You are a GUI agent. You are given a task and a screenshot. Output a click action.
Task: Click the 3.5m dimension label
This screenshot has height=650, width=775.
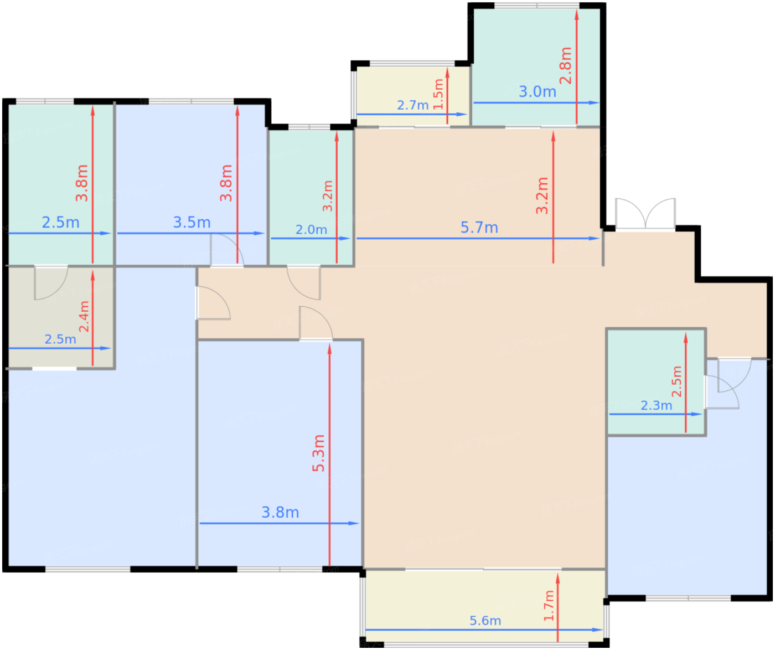click(192, 223)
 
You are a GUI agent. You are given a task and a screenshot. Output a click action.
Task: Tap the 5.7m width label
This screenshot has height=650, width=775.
click(479, 228)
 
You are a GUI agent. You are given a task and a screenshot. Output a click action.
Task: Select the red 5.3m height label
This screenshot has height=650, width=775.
click(318, 453)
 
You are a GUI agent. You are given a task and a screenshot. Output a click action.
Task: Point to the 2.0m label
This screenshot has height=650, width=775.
click(311, 230)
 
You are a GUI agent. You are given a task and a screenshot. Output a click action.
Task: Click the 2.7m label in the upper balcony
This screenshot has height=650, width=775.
click(413, 105)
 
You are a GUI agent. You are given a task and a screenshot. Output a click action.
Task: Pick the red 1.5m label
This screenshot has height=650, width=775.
click(438, 94)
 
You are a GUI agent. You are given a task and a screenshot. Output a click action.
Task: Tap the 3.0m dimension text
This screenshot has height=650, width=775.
click(537, 92)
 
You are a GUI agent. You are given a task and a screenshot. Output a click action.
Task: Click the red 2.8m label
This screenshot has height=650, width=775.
click(565, 66)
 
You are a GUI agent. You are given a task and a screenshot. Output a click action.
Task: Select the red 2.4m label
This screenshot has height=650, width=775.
click(84, 316)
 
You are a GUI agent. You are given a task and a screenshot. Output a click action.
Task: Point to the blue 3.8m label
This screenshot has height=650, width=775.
click(280, 513)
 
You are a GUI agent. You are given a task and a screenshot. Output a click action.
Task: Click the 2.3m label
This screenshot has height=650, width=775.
click(656, 406)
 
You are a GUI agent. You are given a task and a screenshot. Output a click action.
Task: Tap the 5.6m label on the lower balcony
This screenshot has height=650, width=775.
click(485, 621)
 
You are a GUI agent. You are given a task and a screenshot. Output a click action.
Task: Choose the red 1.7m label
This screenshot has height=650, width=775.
click(549, 606)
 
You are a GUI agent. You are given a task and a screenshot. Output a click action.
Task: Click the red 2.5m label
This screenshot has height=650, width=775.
click(677, 381)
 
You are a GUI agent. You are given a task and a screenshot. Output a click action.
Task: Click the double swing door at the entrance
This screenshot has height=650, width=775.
click(645, 214)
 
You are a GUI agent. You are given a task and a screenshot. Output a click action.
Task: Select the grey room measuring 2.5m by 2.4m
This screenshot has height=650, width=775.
click(60, 318)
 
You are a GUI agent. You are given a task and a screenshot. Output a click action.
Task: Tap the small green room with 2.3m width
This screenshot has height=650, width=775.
click(656, 382)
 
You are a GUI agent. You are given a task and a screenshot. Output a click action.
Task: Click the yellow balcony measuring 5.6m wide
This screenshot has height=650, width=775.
click(484, 607)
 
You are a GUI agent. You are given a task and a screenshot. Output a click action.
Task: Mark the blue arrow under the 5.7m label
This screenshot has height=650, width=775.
click(478, 238)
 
